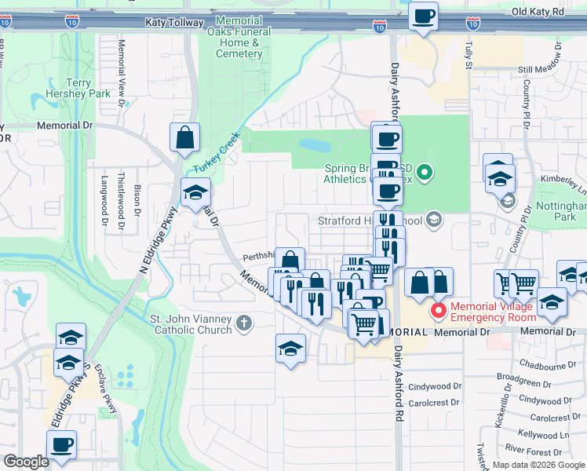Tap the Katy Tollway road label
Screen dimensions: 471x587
[x=173, y=24]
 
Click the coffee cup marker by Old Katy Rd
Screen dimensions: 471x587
[x=424, y=16]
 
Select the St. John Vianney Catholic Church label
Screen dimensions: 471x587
[x=191, y=324]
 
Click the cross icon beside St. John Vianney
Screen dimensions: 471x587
[x=244, y=323]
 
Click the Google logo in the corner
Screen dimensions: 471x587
[x=25, y=462]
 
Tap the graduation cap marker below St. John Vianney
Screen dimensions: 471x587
[x=290, y=349]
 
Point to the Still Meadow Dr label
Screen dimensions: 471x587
[x=541, y=70]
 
